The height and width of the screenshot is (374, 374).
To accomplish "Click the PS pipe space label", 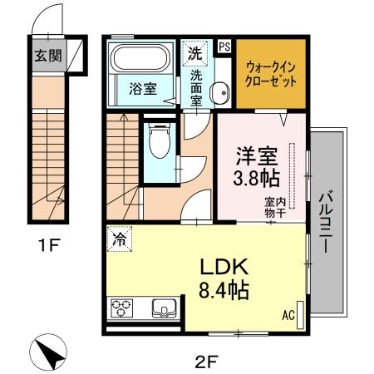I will click(224, 47).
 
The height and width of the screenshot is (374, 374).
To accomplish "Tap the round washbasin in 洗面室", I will click(219, 94).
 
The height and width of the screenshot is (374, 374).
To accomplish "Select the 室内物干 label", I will click(275, 208).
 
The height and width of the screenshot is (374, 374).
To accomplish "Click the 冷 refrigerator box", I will click(118, 239).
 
